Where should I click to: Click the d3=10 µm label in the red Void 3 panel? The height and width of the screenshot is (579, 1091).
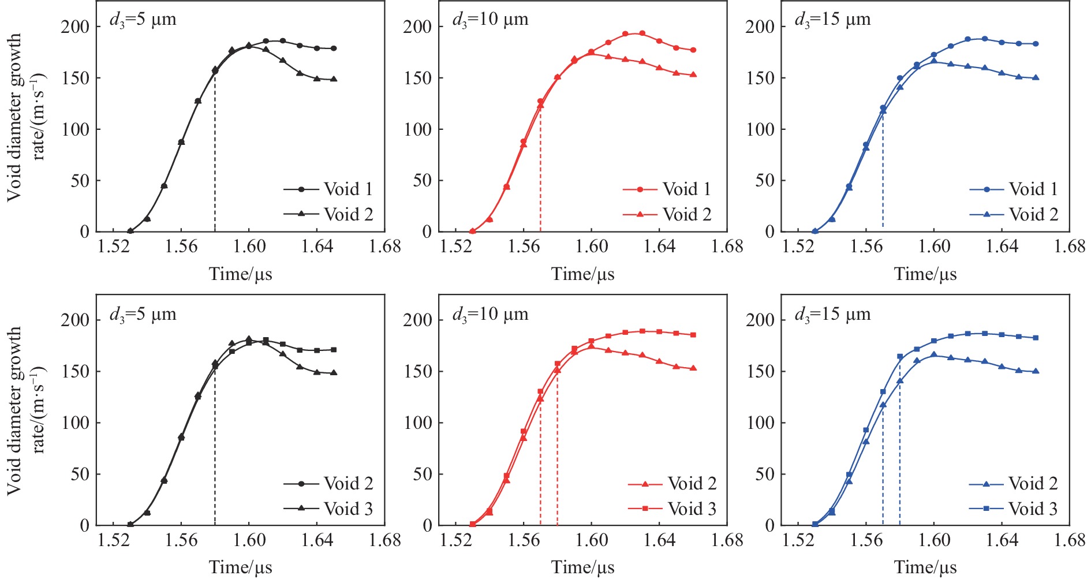[x=490, y=315]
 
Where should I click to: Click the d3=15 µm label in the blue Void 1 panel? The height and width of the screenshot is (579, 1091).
[x=832, y=20]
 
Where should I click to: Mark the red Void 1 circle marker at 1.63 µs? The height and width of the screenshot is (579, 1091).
[x=642, y=33]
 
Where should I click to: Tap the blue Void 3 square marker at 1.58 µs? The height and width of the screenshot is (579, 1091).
[x=900, y=357]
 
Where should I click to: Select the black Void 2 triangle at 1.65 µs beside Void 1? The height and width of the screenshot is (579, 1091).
[x=334, y=79]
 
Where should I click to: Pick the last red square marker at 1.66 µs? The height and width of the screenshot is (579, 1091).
[x=693, y=335]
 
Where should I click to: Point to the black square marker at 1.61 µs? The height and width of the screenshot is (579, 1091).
[x=266, y=340]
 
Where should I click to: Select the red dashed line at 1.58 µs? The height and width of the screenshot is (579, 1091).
[x=558, y=450]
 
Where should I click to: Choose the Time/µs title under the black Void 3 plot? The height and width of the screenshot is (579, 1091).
[x=240, y=567]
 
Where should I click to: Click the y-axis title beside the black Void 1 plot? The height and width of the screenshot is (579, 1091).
[x=25, y=115]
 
